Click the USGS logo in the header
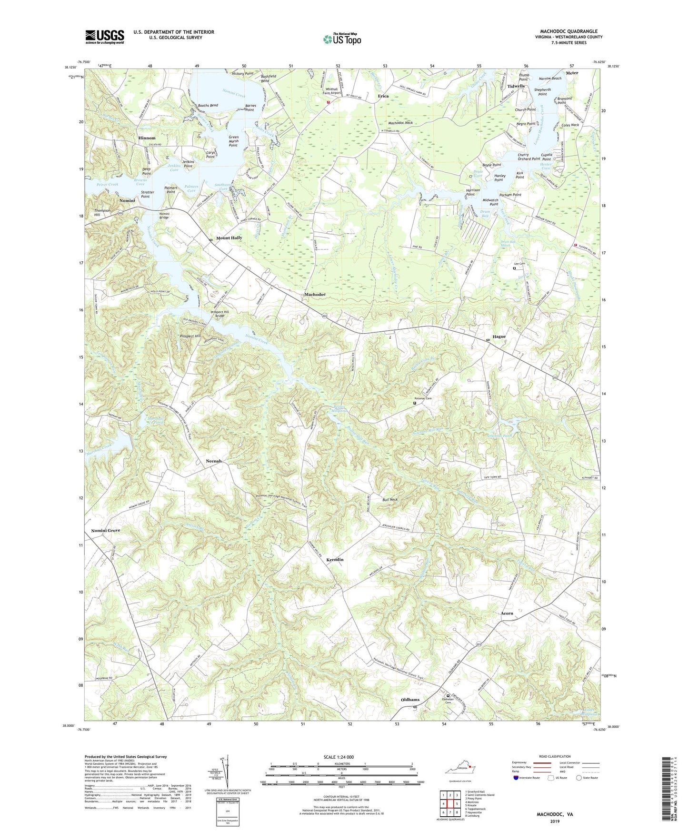(105, 36)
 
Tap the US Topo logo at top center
(342, 39)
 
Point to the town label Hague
(499, 336)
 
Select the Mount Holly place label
(229, 237)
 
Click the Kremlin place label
(335, 560)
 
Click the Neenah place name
(213, 461)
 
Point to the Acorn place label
(507, 613)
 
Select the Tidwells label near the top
(516, 86)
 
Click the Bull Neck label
(390, 500)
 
